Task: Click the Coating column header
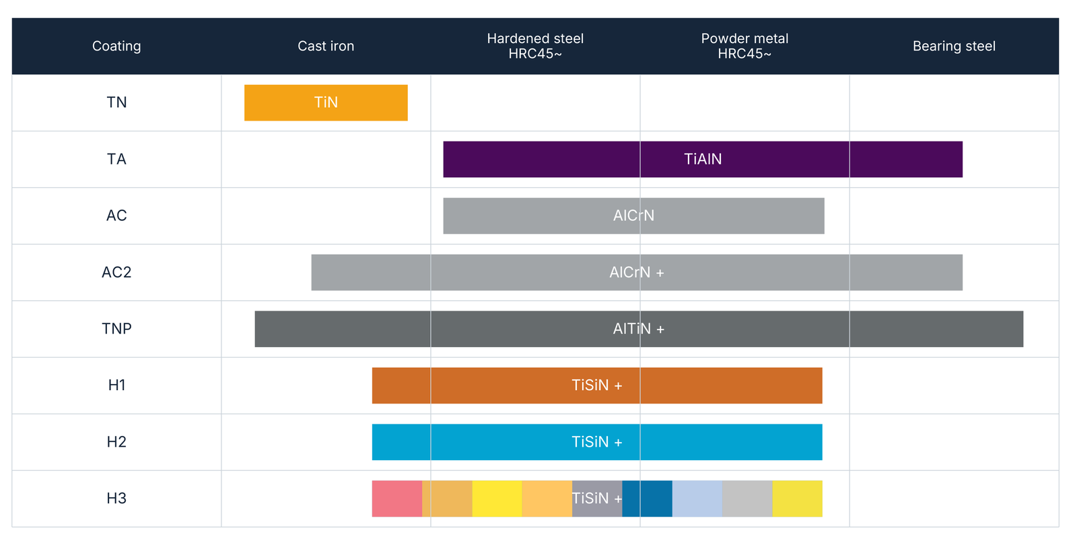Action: point(116,46)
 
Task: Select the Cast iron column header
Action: point(326,46)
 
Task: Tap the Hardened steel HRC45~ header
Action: point(535,46)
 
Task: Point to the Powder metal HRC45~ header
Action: point(744,46)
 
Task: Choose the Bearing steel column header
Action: point(954,46)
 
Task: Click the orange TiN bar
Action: point(326,102)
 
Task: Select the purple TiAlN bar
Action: point(703,159)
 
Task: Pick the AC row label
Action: point(116,216)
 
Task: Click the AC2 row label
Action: point(116,272)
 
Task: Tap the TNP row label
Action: point(116,329)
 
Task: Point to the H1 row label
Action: point(116,385)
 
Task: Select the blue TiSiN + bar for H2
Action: point(597,442)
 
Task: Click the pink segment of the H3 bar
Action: point(397,499)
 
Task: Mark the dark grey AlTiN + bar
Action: point(639,329)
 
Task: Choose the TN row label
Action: point(116,102)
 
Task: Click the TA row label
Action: point(116,159)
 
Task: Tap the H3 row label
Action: point(116,498)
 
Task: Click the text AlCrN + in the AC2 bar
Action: point(637,272)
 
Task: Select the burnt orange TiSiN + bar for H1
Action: point(597,385)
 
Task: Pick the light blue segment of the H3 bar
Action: point(697,499)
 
